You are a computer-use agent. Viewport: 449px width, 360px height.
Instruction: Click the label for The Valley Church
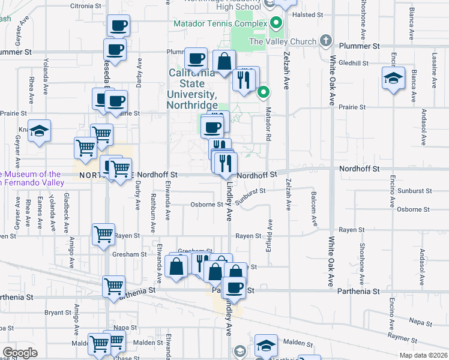(282, 41)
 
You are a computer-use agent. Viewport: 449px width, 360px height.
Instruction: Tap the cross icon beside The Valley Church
(326, 40)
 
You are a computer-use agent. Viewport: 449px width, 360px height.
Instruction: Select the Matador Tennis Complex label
(220, 24)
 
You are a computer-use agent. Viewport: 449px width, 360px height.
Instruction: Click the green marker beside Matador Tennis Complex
(276, 24)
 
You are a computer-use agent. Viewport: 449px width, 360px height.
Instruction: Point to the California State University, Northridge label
(191, 89)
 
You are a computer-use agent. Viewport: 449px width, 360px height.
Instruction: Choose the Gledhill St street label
(353, 63)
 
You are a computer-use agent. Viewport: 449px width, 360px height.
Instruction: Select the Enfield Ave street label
(268, 235)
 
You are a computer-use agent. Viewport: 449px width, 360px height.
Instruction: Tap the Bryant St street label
(58, 313)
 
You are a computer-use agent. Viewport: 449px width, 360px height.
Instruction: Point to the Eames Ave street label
(40, 212)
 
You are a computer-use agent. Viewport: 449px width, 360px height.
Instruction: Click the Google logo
(19, 353)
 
